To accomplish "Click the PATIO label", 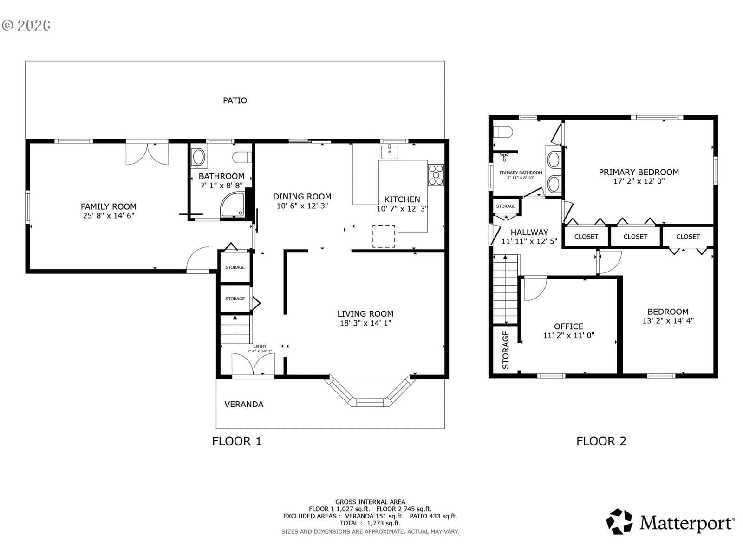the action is coord(235,100).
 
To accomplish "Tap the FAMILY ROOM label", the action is coord(108,206).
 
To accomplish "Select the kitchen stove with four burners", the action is coord(436,175).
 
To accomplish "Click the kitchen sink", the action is coord(390,152).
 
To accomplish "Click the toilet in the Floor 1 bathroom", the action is coord(242,157).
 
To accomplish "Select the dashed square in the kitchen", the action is coord(384,236).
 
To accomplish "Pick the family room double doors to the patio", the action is coord(147,153).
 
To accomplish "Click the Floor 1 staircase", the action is coord(235,329).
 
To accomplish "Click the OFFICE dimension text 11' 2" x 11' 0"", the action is coord(569,335).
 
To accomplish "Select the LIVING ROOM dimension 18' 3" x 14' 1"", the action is coord(365,323).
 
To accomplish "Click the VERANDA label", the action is coord(244,404).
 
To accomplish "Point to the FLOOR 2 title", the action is coord(601,441).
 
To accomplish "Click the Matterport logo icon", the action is coord(619,522).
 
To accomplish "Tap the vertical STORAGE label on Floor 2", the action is coord(505,350).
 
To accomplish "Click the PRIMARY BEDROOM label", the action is coord(639,172).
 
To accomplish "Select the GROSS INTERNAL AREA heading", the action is coord(370,502).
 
